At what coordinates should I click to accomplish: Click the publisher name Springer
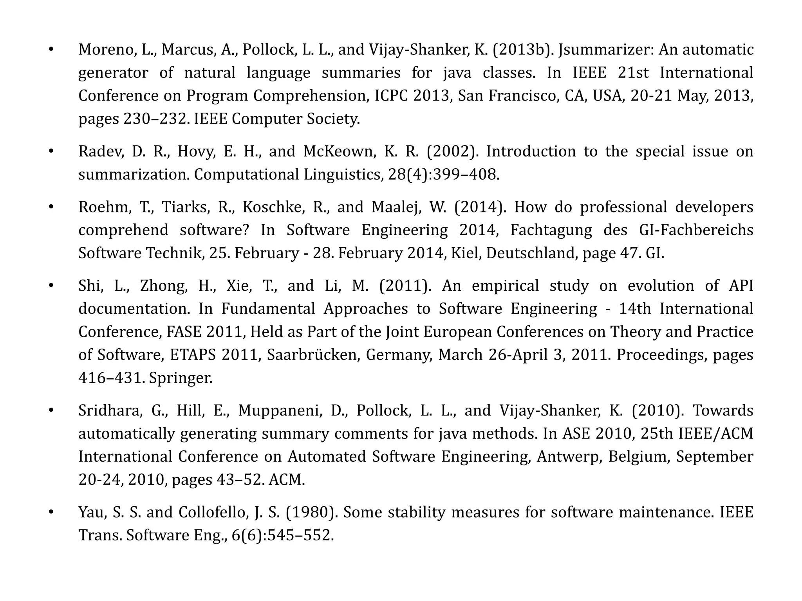click(181, 378)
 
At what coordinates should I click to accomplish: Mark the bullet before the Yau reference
click(51, 512)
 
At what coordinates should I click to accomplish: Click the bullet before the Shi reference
click(51, 286)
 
